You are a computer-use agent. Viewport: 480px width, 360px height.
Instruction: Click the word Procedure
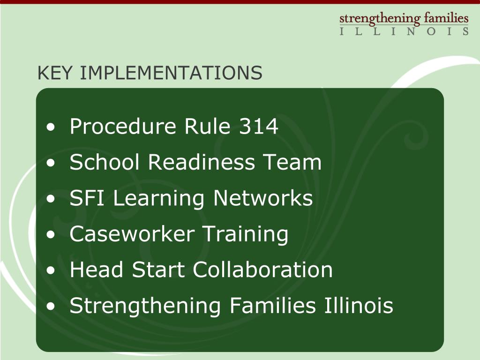(123, 126)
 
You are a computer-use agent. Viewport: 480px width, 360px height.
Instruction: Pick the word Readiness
(202, 162)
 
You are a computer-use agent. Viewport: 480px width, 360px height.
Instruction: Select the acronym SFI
(88, 198)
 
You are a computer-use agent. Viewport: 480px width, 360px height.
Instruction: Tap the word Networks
(263, 198)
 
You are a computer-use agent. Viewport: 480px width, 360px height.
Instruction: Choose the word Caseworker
(132, 234)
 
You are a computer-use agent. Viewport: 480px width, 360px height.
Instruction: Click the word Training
(245, 234)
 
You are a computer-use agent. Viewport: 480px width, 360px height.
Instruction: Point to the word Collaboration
(263, 270)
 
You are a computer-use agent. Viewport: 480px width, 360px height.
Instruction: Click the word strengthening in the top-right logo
(380, 19)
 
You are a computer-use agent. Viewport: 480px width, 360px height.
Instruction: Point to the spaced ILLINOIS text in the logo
(404, 31)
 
